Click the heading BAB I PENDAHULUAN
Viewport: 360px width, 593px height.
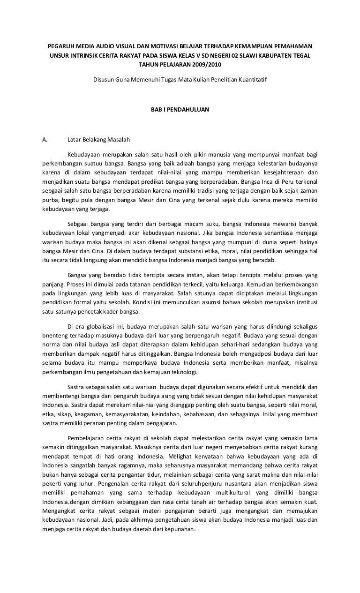click(x=180, y=109)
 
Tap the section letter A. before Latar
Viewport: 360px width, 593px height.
click(x=45, y=139)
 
